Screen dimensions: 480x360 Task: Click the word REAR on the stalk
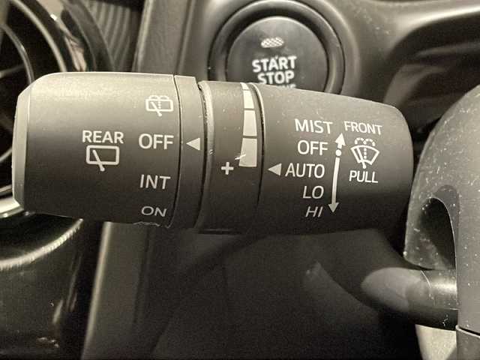point(103,137)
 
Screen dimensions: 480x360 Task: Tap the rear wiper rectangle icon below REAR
point(102,157)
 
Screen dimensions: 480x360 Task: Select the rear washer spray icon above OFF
point(159,105)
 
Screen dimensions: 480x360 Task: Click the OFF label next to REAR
point(156,142)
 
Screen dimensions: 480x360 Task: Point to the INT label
point(155,182)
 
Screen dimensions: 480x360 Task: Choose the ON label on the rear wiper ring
point(154,211)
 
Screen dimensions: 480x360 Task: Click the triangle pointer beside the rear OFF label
point(193,144)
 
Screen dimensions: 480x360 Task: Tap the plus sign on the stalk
point(227,168)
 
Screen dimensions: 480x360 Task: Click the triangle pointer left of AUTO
point(274,169)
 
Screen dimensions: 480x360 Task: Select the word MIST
point(313,126)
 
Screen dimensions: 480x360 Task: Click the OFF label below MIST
point(313,148)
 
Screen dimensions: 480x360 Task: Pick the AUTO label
point(305,170)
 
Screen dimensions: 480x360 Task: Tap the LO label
point(313,193)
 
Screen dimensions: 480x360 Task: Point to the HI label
point(314,211)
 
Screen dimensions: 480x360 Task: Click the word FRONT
point(363,127)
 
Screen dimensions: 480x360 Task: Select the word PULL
point(363,177)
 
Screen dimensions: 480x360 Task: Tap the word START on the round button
point(274,64)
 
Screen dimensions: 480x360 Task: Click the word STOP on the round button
point(276,78)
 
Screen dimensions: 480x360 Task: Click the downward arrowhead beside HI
point(333,208)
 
